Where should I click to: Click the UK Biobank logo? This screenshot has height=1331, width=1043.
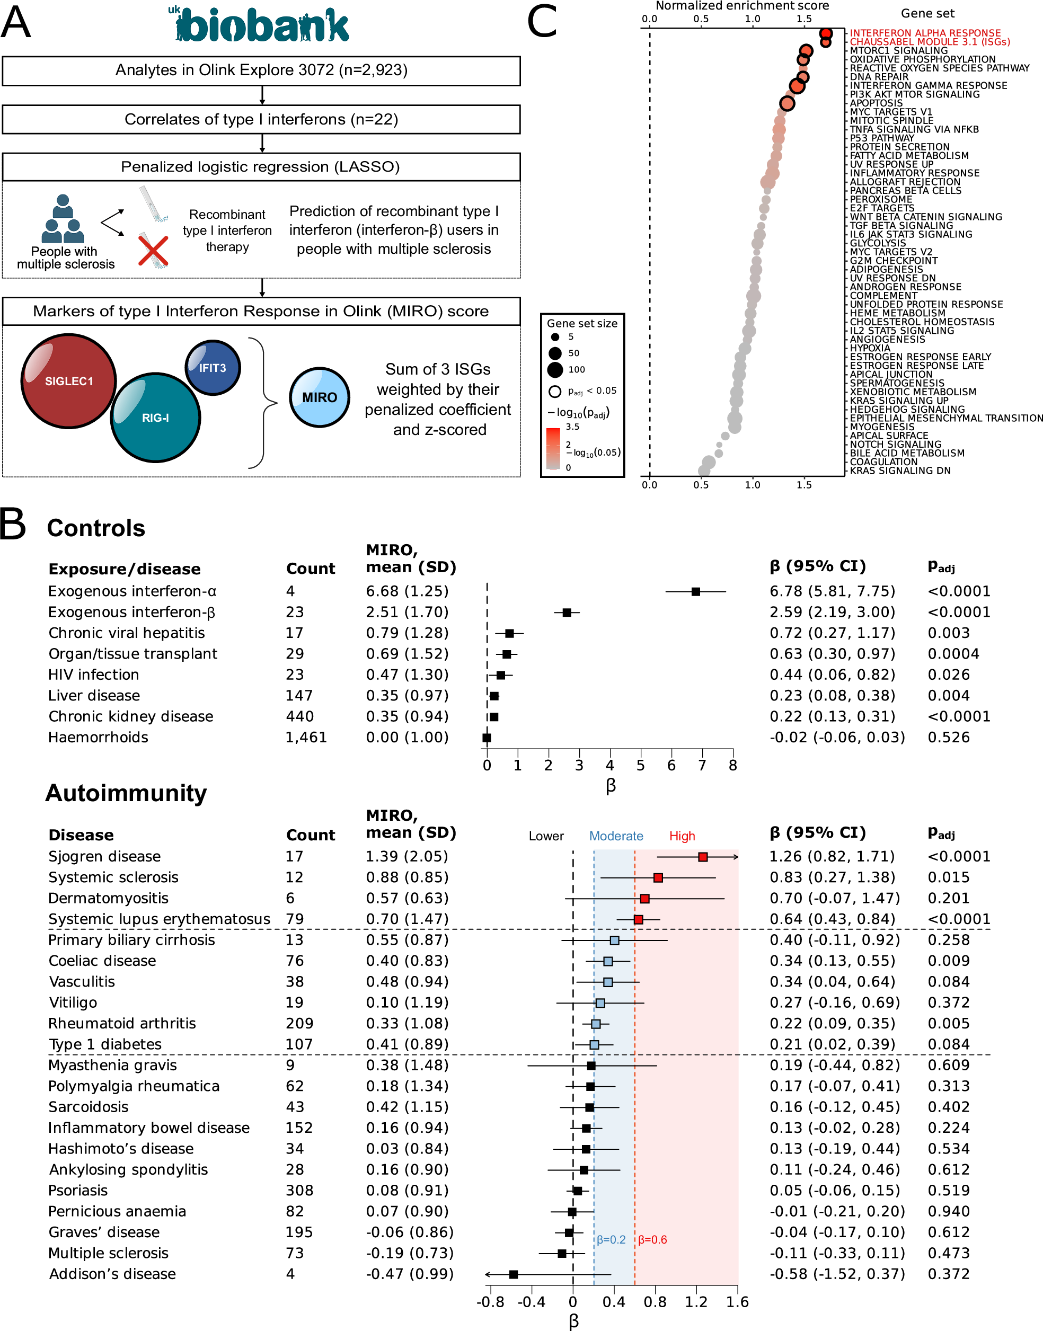click(x=260, y=24)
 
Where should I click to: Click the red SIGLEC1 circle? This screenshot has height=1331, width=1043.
click(x=68, y=381)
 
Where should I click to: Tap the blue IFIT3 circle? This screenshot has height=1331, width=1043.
click(x=213, y=368)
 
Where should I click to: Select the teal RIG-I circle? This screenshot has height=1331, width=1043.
click(x=155, y=418)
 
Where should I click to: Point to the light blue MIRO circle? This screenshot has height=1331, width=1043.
click(x=320, y=397)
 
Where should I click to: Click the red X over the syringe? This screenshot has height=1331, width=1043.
click(x=153, y=251)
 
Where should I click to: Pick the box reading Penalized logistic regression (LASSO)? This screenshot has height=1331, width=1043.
click(x=261, y=167)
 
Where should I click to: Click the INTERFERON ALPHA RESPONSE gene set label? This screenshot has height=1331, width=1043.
click(x=924, y=33)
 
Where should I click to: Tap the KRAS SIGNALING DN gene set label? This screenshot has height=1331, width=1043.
click(x=899, y=470)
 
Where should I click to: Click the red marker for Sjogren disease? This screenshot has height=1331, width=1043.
click(x=703, y=857)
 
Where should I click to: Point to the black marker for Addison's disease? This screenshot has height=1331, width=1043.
click(x=514, y=1274)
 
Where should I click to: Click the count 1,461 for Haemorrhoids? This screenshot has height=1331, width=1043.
click(x=306, y=737)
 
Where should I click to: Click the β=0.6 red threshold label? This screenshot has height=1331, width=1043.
click(x=652, y=1239)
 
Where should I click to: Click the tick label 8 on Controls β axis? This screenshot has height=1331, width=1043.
click(x=733, y=765)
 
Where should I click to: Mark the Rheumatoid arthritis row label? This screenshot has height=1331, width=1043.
click(x=122, y=1023)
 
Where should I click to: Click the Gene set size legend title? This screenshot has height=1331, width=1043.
click(x=581, y=323)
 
